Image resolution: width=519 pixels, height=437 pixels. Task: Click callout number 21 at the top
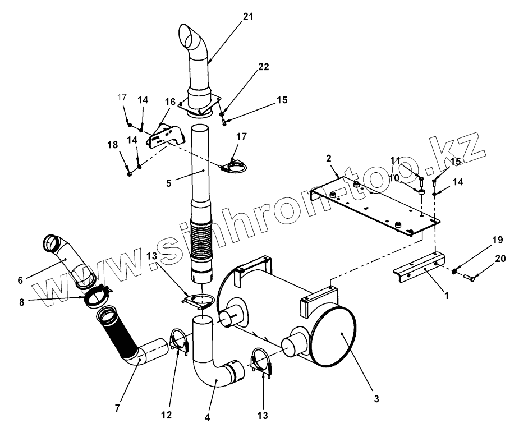pos(248,17)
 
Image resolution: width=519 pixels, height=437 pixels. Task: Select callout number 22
pos(263,67)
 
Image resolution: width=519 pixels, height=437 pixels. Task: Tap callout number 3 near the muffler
pos(376,399)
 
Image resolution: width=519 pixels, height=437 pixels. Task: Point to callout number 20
pos(500,259)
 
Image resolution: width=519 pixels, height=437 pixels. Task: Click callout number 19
pos(497,241)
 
